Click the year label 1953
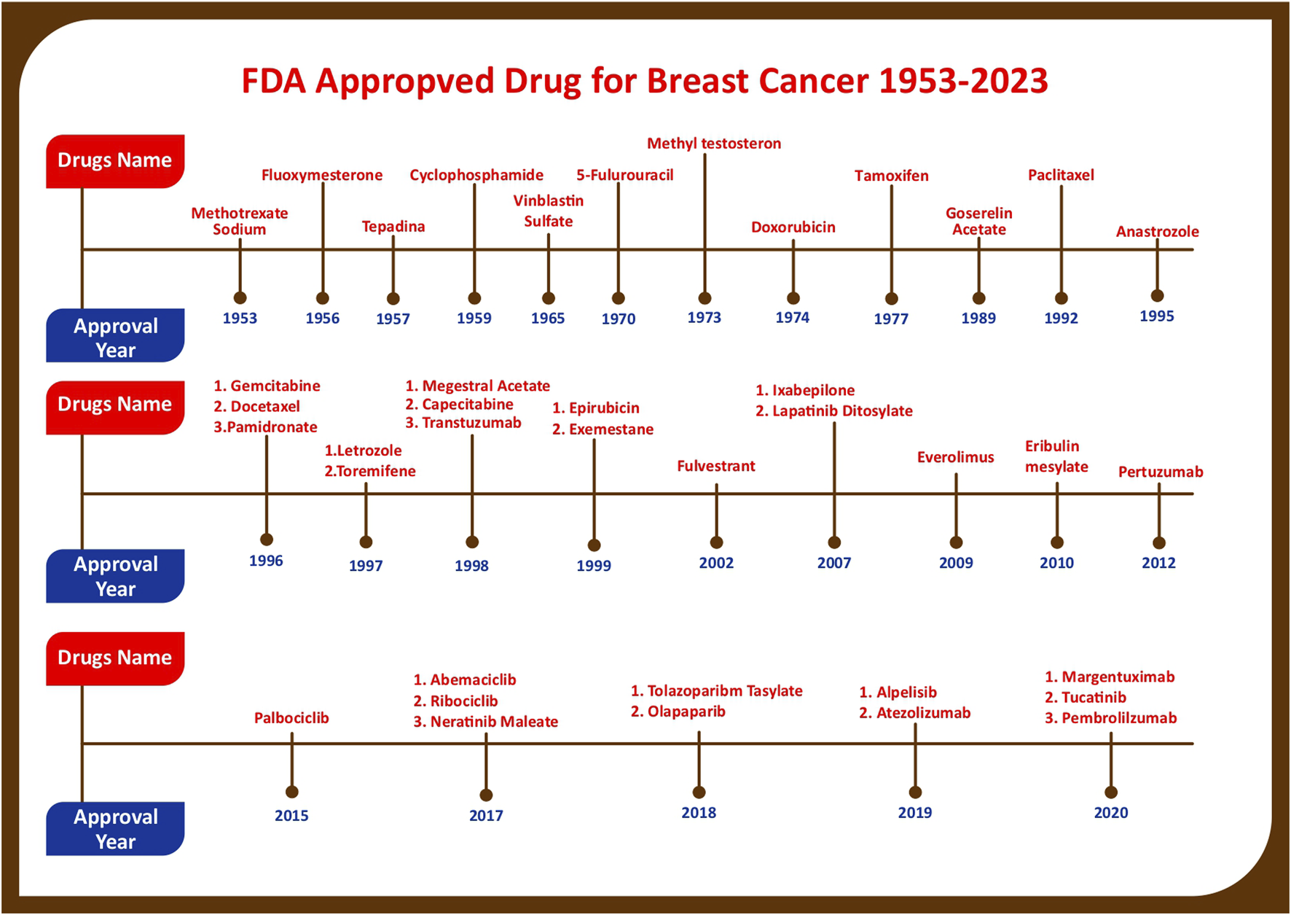click(240, 318)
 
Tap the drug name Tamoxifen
click(891, 176)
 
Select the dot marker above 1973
click(705, 298)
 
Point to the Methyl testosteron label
click(714, 144)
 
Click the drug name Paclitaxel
click(1061, 175)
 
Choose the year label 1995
click(1157, 316)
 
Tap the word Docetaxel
click(265, 406)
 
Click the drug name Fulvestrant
click(716, 466)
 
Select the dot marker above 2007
click(834, 542)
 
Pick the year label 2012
click(1158, 563)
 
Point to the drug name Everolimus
click(955, 457)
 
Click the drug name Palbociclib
click(291, 718)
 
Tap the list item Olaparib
click(686, 712)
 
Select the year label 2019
click(915, 812)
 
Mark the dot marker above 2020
click(1111, 793)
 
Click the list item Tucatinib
click(1094, 698)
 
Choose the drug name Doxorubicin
click(793, 227)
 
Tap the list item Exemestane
click(611, 429)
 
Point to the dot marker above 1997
click(366, 542)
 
